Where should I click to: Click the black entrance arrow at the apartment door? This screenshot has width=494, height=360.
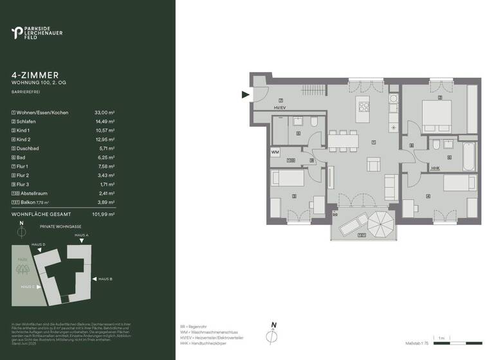coord(245,96)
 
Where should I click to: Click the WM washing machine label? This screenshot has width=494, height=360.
coord(275,152)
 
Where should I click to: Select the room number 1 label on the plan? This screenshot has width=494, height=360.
coord(373,142)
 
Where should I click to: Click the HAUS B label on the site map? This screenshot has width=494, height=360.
coord(105,278)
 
